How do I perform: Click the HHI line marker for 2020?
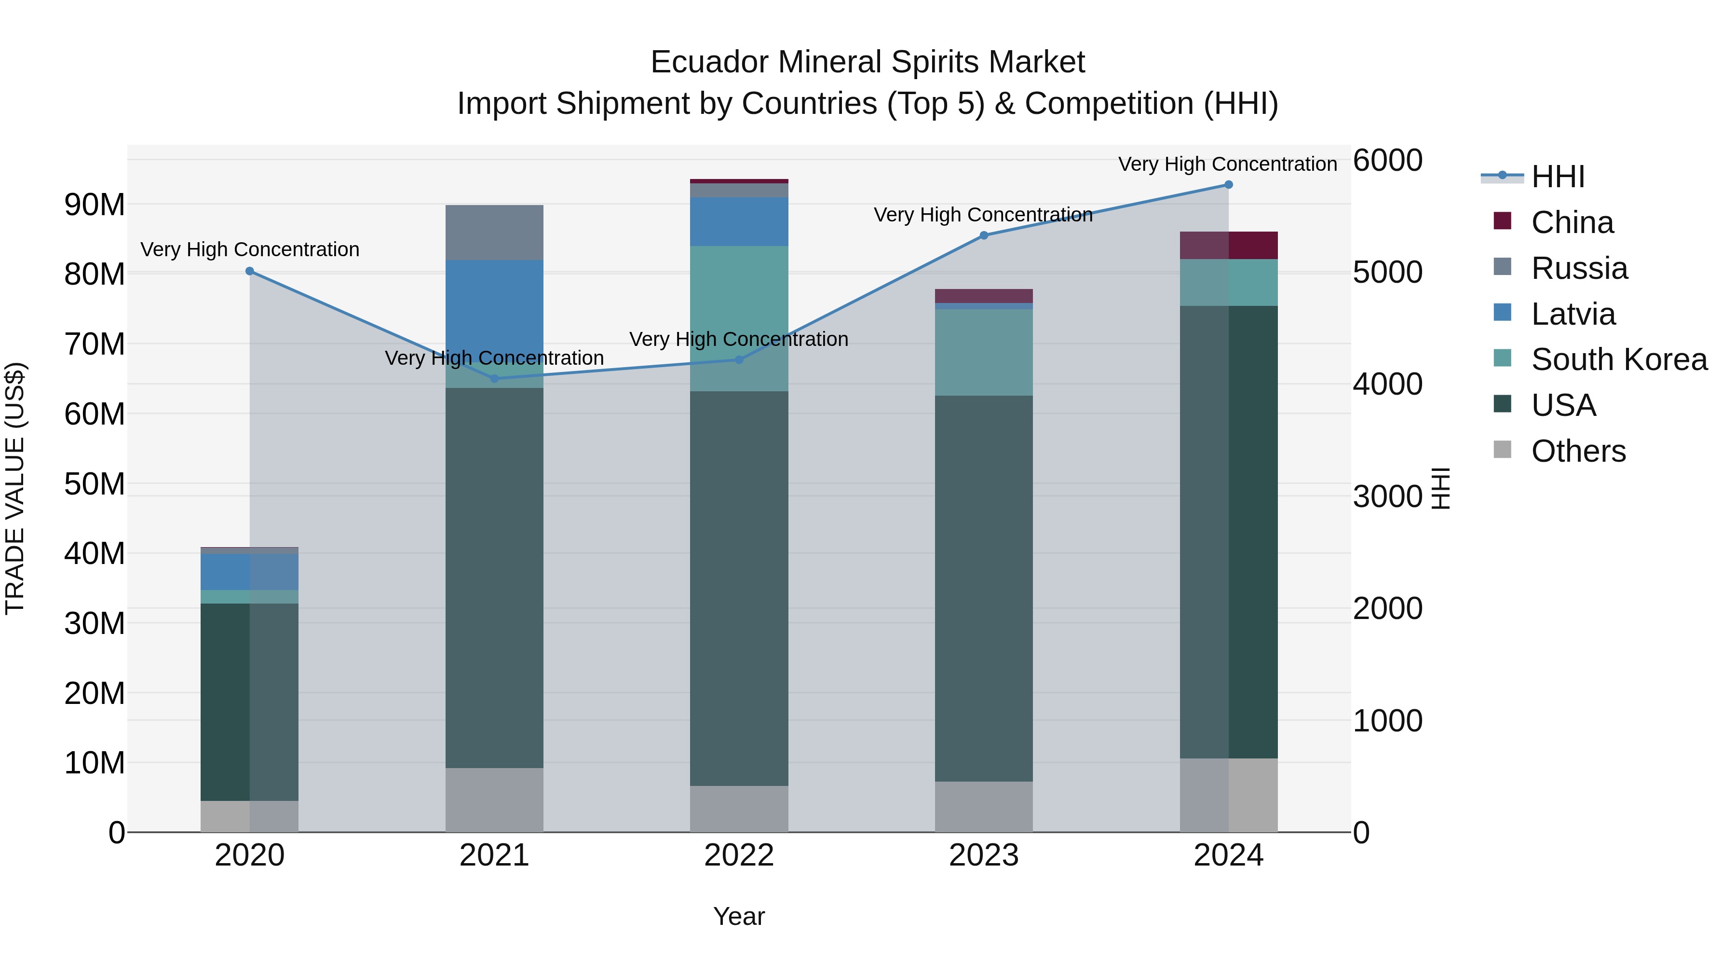pos(249,271)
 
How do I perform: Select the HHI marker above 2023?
pos(983,235)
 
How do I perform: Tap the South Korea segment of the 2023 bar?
pos(983,352)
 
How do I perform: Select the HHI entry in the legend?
pos(1557,177)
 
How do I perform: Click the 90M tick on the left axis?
pos(95,204)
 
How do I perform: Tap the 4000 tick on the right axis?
pos(1387,385)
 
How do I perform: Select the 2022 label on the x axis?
pos(739,855)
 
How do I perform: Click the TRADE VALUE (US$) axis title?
pos(15,488)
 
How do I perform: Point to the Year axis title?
pos(739,916)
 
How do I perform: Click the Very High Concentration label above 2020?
pos(249,249)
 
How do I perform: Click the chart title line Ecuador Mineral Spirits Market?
pos(868,62)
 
